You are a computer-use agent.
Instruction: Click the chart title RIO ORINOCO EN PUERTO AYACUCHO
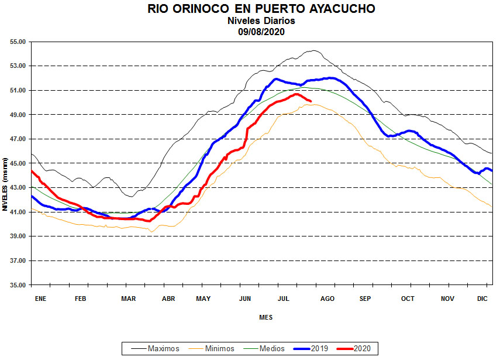(261, 9)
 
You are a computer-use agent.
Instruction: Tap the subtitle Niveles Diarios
(261, 20)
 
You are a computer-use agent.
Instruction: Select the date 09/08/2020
(261, 32)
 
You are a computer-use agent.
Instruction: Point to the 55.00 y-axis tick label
(18, 42)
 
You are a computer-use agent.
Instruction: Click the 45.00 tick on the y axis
(18, 163)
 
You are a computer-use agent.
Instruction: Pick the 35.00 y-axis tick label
(18, 285)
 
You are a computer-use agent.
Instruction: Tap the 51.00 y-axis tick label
(18, 91)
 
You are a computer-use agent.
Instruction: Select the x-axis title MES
(265, 317)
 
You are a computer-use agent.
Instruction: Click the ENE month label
(40, 299)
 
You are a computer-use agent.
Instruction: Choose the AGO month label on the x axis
(327, 299)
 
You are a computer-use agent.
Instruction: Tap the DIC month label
(482, 299)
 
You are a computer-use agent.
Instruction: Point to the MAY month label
(203, 299)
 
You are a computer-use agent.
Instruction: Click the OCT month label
(408, 299)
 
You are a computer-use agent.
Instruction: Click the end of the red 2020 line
(310, 101)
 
